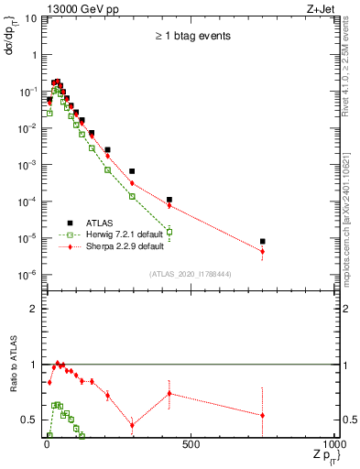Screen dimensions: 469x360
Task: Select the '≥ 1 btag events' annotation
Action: pyautogui.click(x=191, y=36)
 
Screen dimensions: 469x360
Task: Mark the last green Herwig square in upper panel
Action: pyautogui.click(x=169, y=232)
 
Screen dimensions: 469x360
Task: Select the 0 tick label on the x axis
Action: pyautogui.click(x=47, y=446)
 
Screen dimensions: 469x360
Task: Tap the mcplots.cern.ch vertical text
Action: pyautogui.click(x=351, y=220)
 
